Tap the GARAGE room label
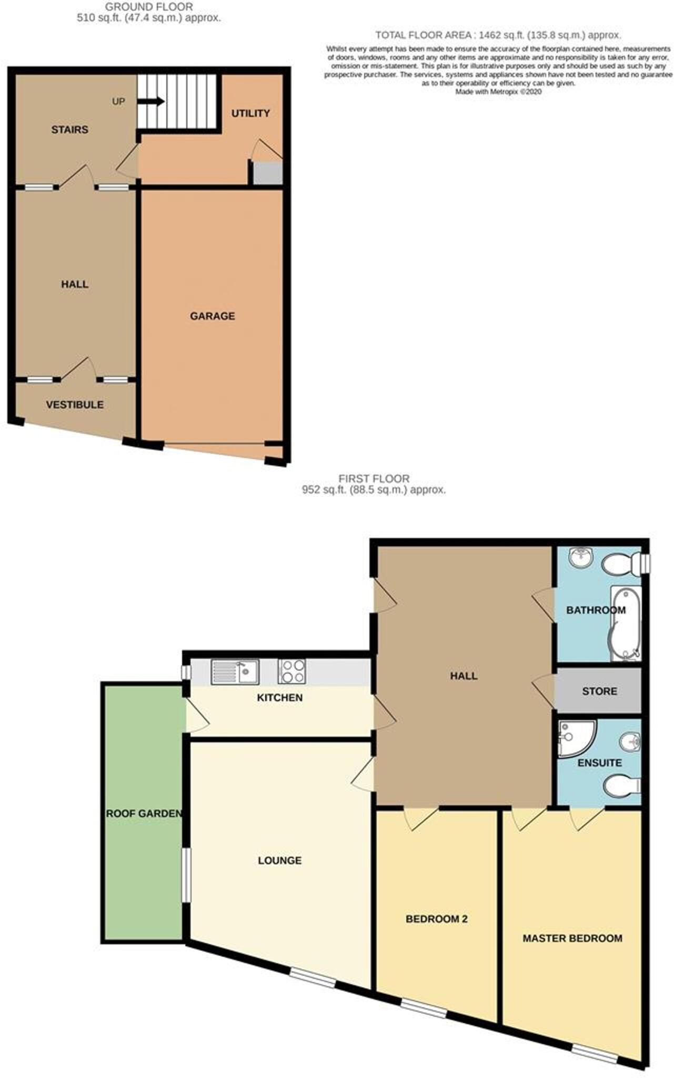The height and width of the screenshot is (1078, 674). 212,316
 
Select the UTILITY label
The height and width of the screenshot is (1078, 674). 250,113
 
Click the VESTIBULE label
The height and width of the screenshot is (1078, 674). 74,405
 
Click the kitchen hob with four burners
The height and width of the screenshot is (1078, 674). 293,672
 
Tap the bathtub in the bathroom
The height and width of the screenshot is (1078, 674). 625,625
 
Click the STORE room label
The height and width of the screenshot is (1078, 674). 599,691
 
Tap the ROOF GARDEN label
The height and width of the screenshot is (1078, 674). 144,814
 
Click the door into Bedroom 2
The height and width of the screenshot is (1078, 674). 421,817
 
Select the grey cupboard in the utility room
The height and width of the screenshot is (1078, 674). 267,173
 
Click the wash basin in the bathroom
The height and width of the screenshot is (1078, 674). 581,558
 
